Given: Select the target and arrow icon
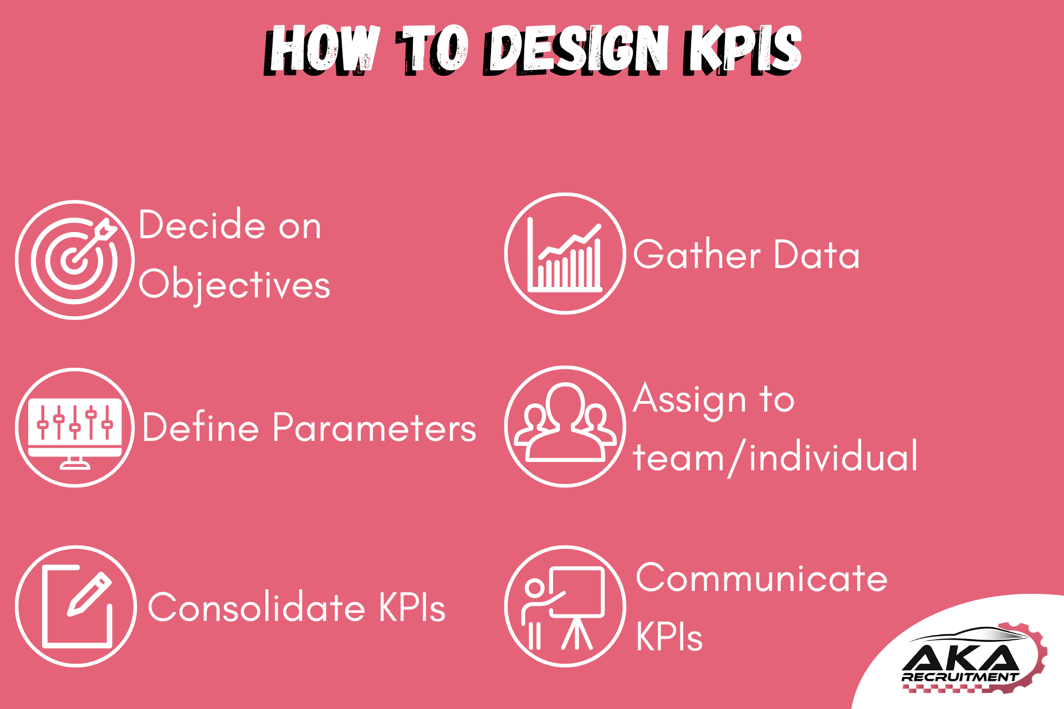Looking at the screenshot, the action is [x=75, y=260].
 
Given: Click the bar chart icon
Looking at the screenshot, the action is [x=565, y=254].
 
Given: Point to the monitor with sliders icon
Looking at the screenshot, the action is [x=75, y=428].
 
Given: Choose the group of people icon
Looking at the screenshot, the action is [x=565, y=427].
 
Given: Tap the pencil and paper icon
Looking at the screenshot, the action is [x=76, y=607].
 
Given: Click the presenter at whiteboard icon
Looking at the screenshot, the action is [x=565, y=607].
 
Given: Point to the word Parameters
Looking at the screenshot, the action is [x=374, y=427].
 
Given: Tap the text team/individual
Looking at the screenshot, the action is [x=775, y=457].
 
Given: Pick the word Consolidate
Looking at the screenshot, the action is [x=257, y=607].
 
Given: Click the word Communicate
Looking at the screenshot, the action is [x=761, y=578].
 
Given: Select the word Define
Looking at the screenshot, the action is [x=201, y=427].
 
